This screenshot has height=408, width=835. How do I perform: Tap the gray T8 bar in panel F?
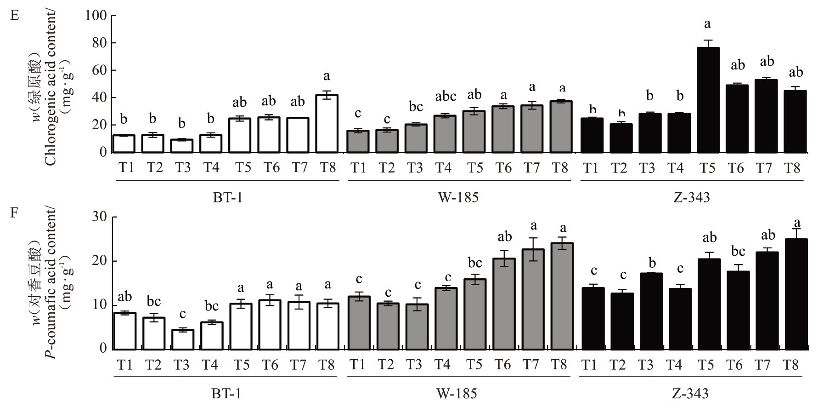pos(562,296)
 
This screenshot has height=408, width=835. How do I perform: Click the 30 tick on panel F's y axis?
pos(113,217)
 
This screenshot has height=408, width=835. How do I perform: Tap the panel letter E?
pos(15,16)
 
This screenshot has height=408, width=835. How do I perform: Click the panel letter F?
pos(14,215)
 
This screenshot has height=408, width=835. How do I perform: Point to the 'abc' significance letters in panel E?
pos(446,97)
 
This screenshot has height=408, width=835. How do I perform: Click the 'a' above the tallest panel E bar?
pos(708,24)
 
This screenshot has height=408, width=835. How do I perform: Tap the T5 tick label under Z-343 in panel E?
pos(708,168)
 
